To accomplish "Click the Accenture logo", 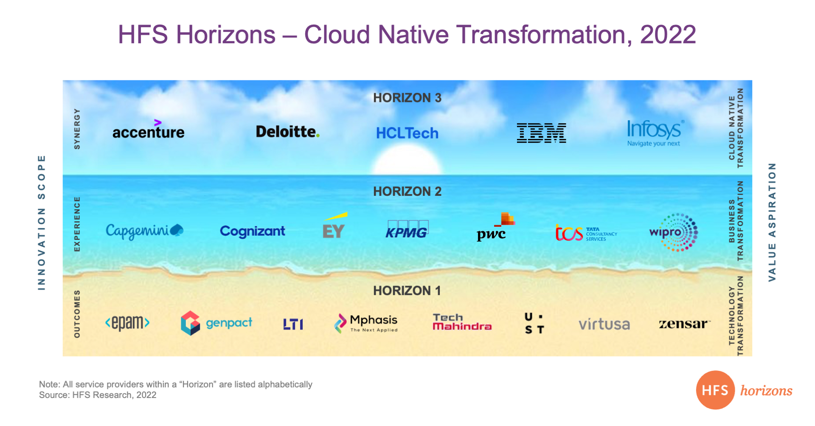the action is click(149, 130).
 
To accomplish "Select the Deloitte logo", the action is click(287, 132).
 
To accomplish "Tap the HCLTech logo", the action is click(407, 133).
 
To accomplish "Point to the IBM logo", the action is click(541, 133).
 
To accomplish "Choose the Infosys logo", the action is click(655, 133).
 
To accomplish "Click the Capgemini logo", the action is click(144, 231).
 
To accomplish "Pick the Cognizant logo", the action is click(253, 231).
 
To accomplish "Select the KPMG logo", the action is click(407, 229).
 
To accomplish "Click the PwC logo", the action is click(495, 227).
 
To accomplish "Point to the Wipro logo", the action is click(674, 232).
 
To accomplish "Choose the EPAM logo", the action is click(127, 323).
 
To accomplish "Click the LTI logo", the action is click(293, 324).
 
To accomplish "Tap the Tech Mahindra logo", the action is click(462, 322).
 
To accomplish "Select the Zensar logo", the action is click(684, 324).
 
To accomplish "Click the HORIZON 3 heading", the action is click(407, 98).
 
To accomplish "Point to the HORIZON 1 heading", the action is click(407, 291).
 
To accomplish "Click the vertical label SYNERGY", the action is click(77, 129).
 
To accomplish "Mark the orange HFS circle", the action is click(715, 390).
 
